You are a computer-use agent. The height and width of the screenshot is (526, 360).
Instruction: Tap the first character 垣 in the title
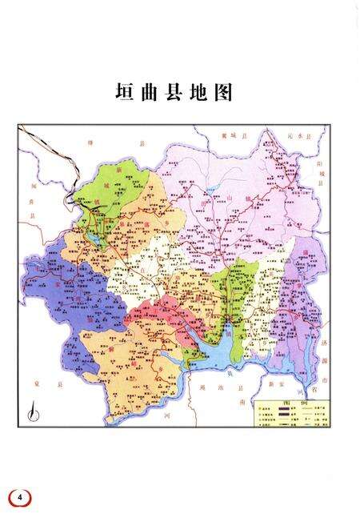tap(122, 94)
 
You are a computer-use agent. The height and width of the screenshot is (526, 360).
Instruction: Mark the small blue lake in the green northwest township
tap(95, 239)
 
